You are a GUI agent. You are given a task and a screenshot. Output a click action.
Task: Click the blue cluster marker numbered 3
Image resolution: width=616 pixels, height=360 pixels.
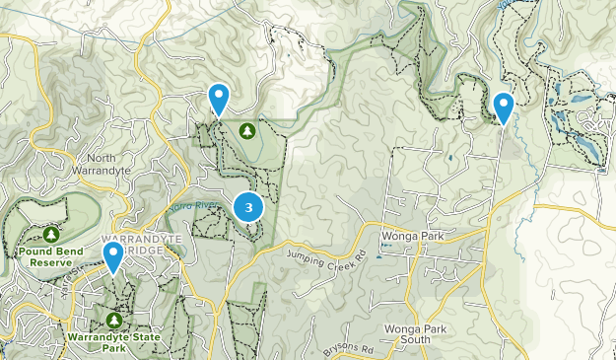tap(248, 207)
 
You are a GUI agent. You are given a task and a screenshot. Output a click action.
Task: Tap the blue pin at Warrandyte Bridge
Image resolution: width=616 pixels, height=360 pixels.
tap(113, 258)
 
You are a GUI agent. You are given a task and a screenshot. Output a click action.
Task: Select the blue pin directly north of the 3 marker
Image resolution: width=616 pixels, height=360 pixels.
tap(219, 99)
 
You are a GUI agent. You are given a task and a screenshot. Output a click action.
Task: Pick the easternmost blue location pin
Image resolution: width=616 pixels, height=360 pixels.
tap(504, 107)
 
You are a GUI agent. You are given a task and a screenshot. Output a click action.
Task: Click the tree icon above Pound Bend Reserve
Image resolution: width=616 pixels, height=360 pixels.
tap(50, 235)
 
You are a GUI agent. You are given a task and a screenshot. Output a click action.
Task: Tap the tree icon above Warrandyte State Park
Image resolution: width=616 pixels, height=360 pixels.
tap(114, 321)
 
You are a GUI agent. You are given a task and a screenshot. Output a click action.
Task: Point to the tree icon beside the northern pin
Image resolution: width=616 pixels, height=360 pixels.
tap(246, 130)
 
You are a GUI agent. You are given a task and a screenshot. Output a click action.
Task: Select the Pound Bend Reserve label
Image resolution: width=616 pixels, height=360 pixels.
tap(50, 257)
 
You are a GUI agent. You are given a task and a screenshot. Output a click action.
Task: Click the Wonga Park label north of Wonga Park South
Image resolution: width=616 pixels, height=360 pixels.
tap(413, 238)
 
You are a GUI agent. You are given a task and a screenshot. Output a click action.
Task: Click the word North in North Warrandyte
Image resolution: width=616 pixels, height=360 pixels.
tap(101, 158)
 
